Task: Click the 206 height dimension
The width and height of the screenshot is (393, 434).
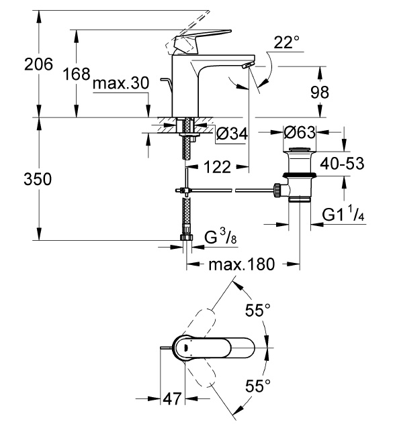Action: pyautogui.click(x=19, y=65)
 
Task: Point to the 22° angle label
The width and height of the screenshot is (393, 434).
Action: pyautogui.click(x=287, y=44)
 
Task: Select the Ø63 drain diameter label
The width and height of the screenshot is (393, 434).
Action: pyautogui.click(x=300, y=133)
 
